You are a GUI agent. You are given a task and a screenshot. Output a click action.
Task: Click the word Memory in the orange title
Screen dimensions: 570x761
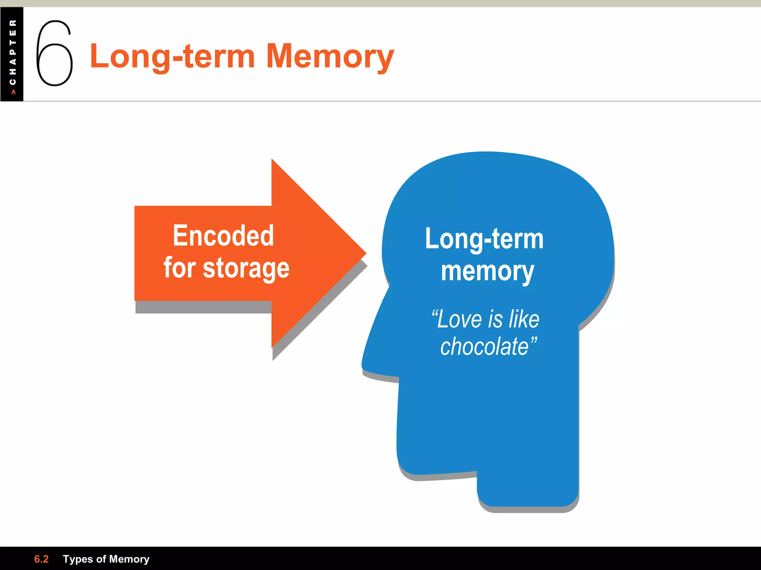click(x=330, y=56)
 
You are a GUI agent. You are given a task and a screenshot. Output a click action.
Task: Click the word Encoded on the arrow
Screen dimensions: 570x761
click(x=223, y=236)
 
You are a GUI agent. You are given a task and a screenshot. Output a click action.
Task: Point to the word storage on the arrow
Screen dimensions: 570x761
click(x=246, y=268)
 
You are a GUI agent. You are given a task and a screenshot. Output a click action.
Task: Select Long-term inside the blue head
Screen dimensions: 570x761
click(x=484, y=239)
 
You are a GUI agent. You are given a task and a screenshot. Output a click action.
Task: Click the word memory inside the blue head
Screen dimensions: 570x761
click(x=487, y=272)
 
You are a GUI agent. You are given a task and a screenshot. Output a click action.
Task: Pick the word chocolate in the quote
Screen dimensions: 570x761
click(x=485, y=347)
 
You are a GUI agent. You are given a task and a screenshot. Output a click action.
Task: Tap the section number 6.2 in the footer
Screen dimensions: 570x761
click(x=41, y=559)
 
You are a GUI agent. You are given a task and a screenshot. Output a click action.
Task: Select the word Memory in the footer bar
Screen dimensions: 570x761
click(x=129, y=559)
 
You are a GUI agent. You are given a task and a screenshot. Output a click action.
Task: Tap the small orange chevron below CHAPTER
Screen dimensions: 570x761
click(x=13, y=92)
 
